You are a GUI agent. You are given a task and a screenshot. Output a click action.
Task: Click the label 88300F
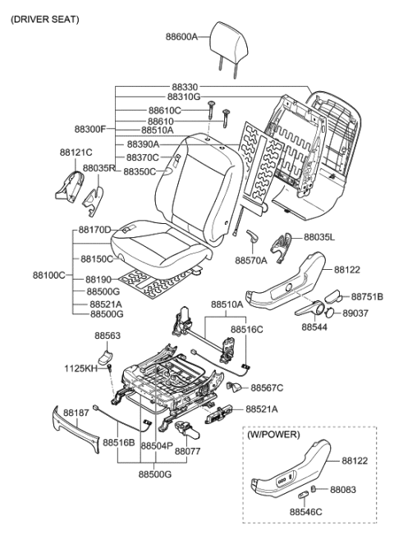[x=91, y=129]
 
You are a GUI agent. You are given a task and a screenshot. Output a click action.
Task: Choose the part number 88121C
[x=76, y=153]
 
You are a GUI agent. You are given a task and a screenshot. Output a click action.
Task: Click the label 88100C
[x=49, y=275]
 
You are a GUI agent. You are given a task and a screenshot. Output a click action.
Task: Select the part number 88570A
[x=251, y=260]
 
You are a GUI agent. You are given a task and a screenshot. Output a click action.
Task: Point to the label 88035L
[x=321, y=236]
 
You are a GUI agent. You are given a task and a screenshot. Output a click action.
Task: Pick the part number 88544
[x=314, y=327]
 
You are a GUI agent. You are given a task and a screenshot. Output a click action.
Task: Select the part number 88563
[x=107, y=336]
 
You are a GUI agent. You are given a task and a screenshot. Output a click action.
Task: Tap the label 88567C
[x=268, y=387]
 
